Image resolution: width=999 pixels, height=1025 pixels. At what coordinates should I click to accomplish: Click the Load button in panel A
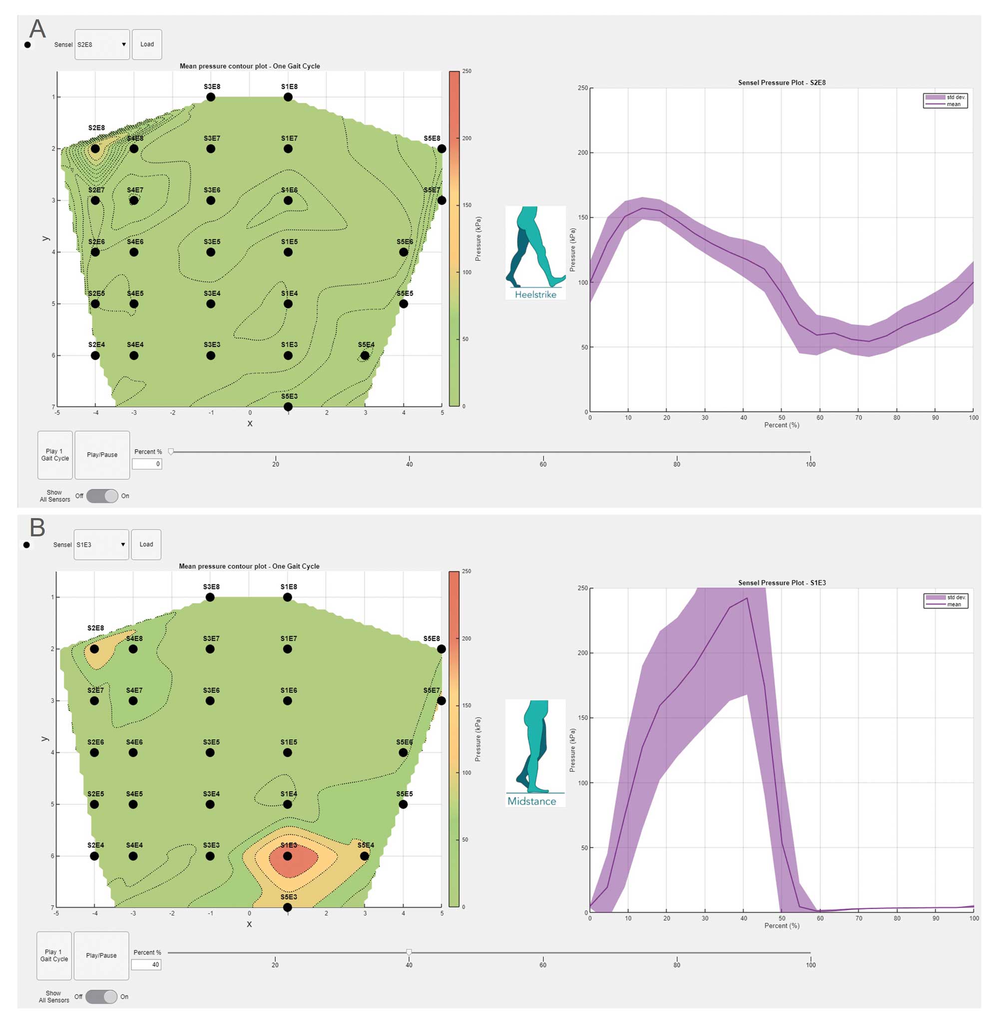pyautogui.click(x=147, y=44)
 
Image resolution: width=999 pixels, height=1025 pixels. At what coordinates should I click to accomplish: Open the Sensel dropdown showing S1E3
pyautogui.click(x=101, y=544)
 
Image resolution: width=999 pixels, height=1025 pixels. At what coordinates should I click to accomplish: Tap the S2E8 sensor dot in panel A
pyautogui.click(x=95, y=149)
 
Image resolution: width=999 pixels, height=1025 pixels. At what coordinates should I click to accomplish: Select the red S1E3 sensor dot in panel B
pyautogui.click(x=288, y=856)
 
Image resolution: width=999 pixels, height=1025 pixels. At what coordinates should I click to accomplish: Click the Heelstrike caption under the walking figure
pyautogui.click(x=535, y=295)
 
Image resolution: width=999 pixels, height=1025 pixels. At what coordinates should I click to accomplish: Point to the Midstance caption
pyautogui.click(x=531, y=801)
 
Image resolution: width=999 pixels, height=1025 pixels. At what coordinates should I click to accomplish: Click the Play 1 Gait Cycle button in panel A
pyautogui.click(x=55, y=455)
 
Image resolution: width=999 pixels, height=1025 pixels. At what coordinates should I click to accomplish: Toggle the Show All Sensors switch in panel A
pyautogui.click(x=102, y=496)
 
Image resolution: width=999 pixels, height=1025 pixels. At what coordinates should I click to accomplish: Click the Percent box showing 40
pyautogui.click(x=146, y=965)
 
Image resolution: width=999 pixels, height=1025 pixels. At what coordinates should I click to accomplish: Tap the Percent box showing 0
pyautogui.click(x=147, y=464)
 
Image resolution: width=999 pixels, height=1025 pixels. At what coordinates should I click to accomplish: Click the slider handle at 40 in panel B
pyautogui.click(x=409, y=952)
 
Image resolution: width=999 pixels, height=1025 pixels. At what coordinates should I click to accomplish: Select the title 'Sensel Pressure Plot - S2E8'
pyautogui.click(x=782, y=82)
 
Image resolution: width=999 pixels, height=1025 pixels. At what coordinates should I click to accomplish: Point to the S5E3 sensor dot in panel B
pyautogui.click(x=288, y=908)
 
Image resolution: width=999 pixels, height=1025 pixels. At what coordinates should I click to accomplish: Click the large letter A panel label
pyautogui.click(x=37, y=29)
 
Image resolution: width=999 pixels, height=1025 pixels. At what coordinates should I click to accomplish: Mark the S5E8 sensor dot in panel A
pyautogui.click(x=442, y=149)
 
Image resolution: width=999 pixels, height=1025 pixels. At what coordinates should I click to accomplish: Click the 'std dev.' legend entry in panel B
pyautogui.click(x=956, y=597)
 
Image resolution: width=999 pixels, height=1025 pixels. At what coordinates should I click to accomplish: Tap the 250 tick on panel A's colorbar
pyautogui.click(x=467, y=71)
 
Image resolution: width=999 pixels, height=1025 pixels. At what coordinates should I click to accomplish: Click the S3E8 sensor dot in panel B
pyautogui.click(x=210, y=597)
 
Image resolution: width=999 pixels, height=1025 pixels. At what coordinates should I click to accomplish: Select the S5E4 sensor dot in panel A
pyautogui.click(x=365, y=356)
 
